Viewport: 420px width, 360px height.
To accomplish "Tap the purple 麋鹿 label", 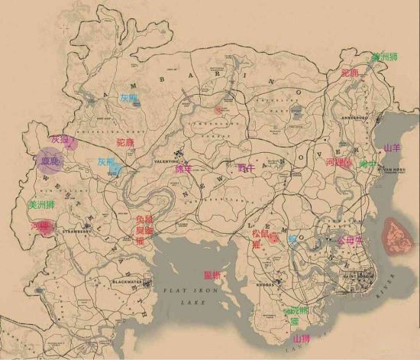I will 51,162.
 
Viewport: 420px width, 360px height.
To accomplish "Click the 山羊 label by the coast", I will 392,148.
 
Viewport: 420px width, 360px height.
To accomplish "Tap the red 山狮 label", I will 301,338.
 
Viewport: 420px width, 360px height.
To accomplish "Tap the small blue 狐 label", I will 292,238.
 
